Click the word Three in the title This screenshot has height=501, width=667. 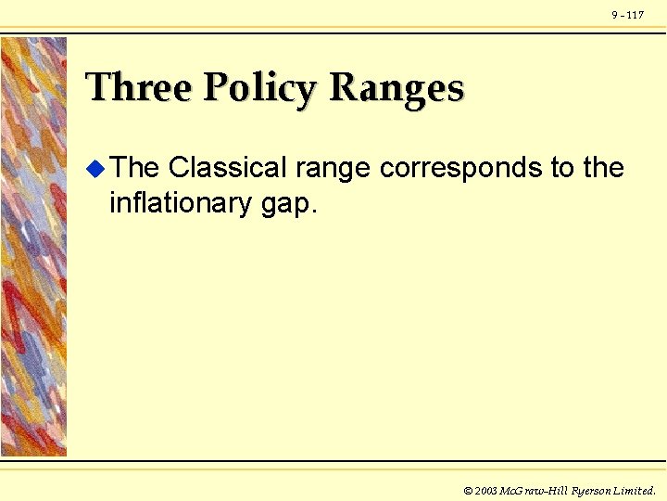click(138, 88)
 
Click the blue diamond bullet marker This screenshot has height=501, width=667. click(94, 168)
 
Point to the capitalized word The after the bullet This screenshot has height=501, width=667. click(134, 168)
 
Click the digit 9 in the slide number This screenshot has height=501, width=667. click(614, 15)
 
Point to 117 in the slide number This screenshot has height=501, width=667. click(636, 15)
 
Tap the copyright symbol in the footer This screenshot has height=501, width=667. click(468, 490)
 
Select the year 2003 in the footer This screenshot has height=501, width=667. click(485, 490)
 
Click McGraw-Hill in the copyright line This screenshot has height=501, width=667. click(532, 490)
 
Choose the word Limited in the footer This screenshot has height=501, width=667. click(635, 490)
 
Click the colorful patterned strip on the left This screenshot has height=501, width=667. click(34, 246)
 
